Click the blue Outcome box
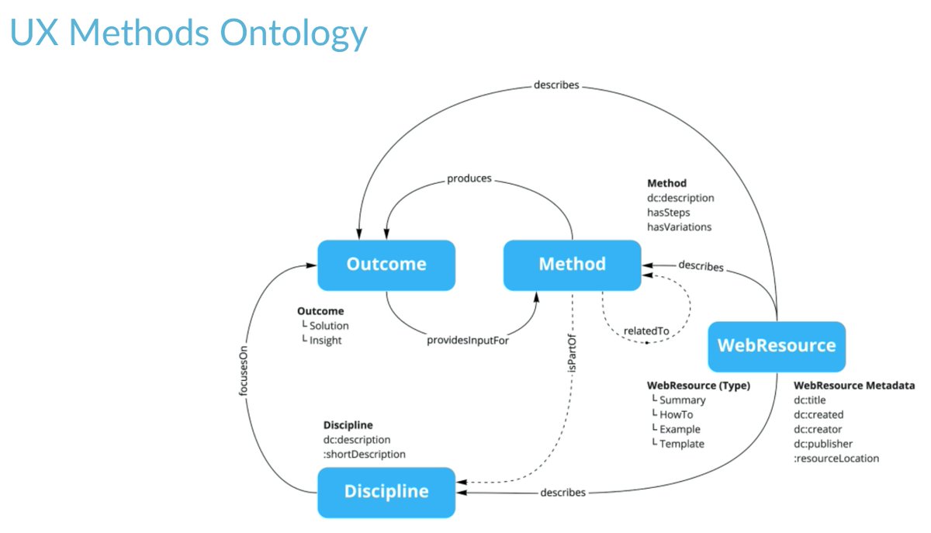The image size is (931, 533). pyautogui.click(x=386, y=265)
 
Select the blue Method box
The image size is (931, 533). pyautogui.click(x=572, y=265)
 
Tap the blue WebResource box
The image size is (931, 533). pyautogui.click(x=777, y=346)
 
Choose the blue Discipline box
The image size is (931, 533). pyautogui.click(x=386, y=492)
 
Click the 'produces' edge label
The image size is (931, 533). pyautogui.click(x=469, y=178)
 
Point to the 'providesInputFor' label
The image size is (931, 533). pyautogui.click(x=468, y=340)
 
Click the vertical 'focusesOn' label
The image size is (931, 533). pyautogui.click(x=244, y=371)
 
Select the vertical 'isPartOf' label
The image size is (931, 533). pyautogui.click(x=572, y=353)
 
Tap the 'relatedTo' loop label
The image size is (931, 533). pyautogui.click(x=646, y=331)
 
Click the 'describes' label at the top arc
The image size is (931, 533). pyautogui.click(x=556, y=85)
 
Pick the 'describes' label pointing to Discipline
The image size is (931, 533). pyautogui.click(x=562, y=492)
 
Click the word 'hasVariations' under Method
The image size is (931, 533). pyautogui.click(x=679, y=227)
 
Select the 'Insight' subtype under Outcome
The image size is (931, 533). pyautogui.click(x=325, y=341)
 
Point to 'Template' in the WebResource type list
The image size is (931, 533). pyautogui.click(x=682, y=444)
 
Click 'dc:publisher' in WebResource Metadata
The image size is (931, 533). pyautogui.click(x=823, y=444)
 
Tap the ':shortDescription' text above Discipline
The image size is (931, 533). pyautogui.click(x=364, y=455)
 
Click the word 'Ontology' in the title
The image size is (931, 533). pyautogui.click(x=293, y=34)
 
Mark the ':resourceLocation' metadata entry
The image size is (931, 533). pyautogui.click(x=836, y=459)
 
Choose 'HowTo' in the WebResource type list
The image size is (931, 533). pyautogui.click(x=676, y=414)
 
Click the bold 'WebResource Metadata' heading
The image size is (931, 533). pyautogui.click(x=854, y=386)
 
